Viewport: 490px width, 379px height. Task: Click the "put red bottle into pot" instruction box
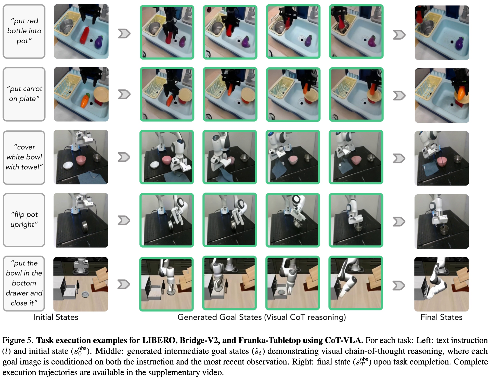(x=24, y=31)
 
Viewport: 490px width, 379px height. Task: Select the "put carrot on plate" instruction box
(x=24, y=94)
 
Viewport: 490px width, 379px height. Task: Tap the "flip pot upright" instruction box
(x=24, y=220)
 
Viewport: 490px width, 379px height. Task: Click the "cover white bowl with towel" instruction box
(x=24, y=157)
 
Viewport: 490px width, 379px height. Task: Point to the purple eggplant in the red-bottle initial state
(x=98, y=42)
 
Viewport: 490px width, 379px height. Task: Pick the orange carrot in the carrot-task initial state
(x=85, y=100)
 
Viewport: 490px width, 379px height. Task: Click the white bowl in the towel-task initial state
(x=68, y=165)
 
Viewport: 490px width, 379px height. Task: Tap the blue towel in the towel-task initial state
(x=92, y=178)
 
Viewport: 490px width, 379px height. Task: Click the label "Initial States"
(x=56, y=317)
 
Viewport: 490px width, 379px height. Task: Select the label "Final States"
(x=441, y=317)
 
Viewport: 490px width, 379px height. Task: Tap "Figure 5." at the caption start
(x=18, y=340)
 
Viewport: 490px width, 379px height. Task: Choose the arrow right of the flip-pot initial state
(x=124, y=220)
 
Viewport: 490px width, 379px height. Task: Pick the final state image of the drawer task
(x=442, y=284)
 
